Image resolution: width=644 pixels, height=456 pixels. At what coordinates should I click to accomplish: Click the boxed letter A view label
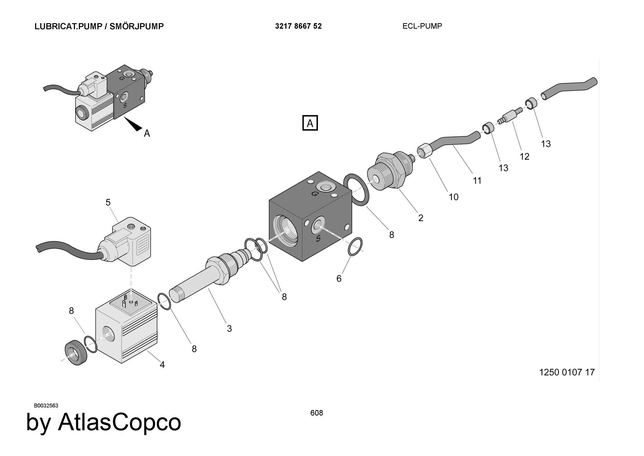[310, 123]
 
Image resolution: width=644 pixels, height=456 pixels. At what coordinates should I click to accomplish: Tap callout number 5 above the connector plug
[108, 202]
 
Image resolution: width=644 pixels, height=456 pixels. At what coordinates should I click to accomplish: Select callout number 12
[525, 157]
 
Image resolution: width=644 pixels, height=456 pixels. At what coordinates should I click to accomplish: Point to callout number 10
[453, 197]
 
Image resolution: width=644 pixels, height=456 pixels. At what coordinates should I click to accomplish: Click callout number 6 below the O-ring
[339, 278]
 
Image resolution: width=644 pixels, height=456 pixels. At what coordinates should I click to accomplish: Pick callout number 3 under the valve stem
[229, 328]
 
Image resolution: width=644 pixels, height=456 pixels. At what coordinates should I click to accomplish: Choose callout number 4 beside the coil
[162, 364]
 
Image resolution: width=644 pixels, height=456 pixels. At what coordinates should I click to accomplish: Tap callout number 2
[421, 218]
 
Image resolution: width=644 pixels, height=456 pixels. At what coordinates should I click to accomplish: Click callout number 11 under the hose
[477, 181]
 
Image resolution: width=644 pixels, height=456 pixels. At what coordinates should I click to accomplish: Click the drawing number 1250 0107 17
[567, 372]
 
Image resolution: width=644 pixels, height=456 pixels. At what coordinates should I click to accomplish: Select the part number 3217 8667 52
[298, 26]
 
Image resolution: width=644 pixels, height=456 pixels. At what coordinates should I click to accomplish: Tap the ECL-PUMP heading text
[422, 26]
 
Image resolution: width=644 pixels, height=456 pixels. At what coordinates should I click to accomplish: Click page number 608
[317, 413]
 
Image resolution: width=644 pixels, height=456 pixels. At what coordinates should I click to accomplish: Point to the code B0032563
[46, 405]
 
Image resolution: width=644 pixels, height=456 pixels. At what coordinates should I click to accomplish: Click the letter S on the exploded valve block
[318, 238]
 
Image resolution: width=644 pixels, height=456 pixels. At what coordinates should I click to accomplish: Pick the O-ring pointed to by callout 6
[355, 247]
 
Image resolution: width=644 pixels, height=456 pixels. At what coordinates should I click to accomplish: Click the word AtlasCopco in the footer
[119, 422]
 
